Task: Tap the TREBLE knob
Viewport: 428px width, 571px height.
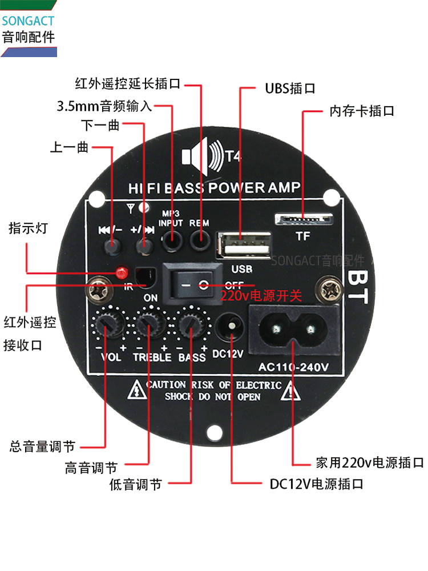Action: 150,325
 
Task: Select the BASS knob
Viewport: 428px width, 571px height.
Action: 192,325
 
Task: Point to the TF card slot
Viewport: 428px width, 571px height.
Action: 302,220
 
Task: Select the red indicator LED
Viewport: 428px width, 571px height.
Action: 120,272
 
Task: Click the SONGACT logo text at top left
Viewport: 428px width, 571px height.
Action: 28,21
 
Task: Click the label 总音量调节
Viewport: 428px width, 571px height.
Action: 43,446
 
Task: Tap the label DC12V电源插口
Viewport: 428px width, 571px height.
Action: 316,484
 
